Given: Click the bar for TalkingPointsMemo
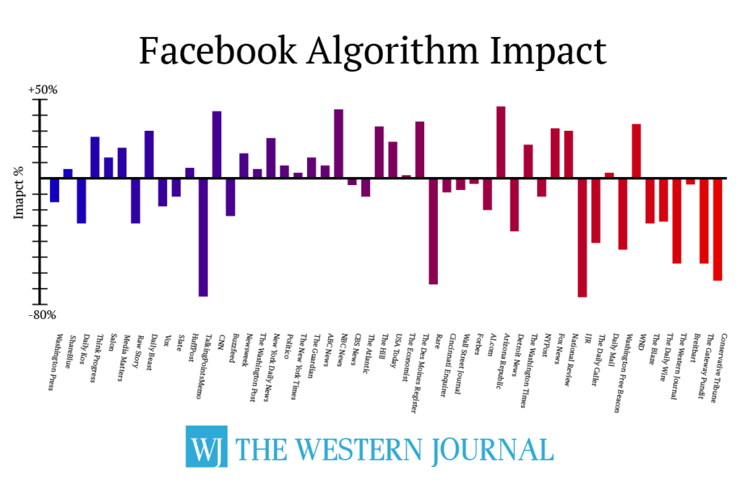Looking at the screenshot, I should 203,236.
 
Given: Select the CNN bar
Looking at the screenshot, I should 217,144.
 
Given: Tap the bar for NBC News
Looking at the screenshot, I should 338,143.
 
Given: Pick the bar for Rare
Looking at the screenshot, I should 433,231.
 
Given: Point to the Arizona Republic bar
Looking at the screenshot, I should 501,142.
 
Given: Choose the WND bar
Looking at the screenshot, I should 636,150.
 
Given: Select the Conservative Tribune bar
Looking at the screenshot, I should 718,228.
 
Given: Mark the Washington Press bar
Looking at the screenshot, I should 54,189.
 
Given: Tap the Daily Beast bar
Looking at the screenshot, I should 149,154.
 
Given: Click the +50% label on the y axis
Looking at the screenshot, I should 43,90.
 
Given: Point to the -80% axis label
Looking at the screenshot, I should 43,315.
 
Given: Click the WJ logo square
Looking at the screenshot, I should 206,446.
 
